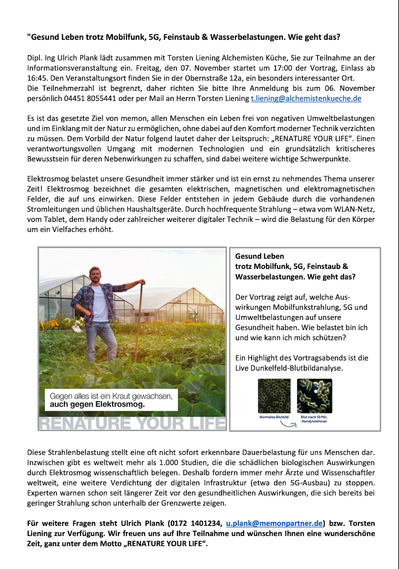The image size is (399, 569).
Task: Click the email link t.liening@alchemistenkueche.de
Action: click(306, 99)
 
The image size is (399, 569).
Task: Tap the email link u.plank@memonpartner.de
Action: click(274, 523)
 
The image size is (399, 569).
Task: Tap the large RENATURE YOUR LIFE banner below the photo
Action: click(132, 423)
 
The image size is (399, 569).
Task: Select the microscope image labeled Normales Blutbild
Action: click(274, 396)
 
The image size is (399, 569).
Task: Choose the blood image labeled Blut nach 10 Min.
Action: click(314, 396)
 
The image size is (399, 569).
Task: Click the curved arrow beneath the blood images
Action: click(288, 424)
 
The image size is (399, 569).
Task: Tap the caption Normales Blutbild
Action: click(274, 417)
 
